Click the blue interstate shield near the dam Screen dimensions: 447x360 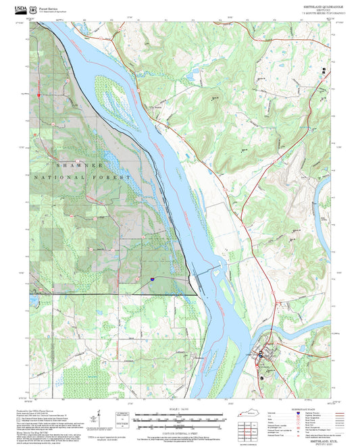coord(151,278)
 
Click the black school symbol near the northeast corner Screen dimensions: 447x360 coord(325,70)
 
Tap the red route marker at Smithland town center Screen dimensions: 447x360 coord(261,354)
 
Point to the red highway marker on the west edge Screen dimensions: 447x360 coord(39,95)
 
